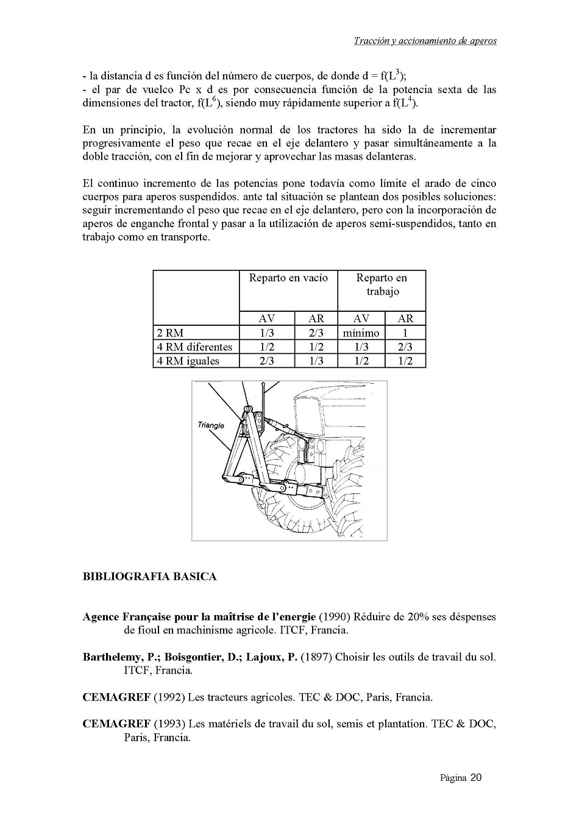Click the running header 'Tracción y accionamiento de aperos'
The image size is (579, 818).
pos(425,41)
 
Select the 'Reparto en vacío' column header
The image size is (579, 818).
pos(288,278)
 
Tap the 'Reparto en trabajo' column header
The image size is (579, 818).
pos(382,284)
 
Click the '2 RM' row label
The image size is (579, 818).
pos(170,333)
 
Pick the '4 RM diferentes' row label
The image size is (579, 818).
pos(194,347)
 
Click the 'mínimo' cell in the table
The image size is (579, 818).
pos(361,333)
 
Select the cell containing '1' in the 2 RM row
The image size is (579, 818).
pos(405,333)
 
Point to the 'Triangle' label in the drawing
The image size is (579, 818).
pos(211,425)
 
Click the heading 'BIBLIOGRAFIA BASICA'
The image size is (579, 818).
pos(149,576)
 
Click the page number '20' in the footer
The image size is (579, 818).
pos(475,778)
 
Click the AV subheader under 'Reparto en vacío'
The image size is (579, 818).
pos(267,319)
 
